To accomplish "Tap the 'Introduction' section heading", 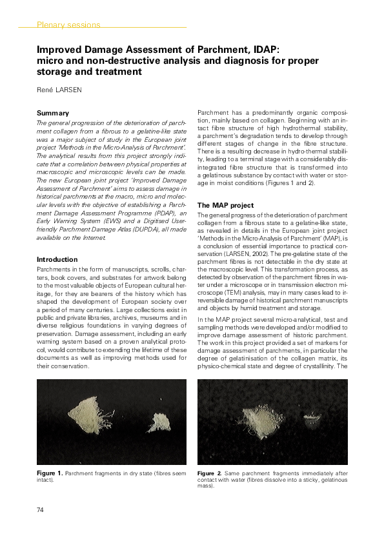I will [x=57, y=259].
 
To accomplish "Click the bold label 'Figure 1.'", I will [x=50, y=474].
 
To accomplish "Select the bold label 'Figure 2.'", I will [x=210, y=474].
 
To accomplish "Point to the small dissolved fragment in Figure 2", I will [x=314, y=422].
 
